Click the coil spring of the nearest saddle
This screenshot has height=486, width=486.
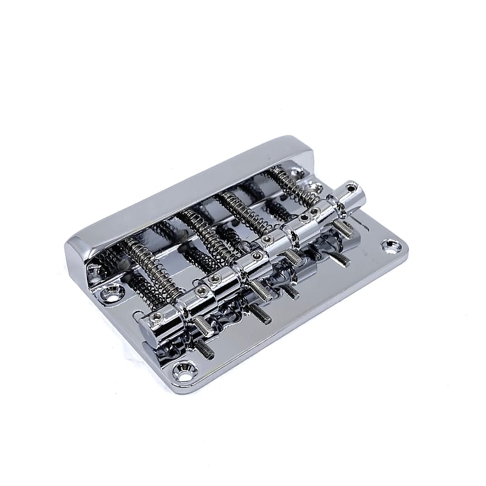[148, 268]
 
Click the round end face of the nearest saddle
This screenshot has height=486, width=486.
[148, 331]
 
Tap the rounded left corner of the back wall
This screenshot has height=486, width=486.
[76, 246]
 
